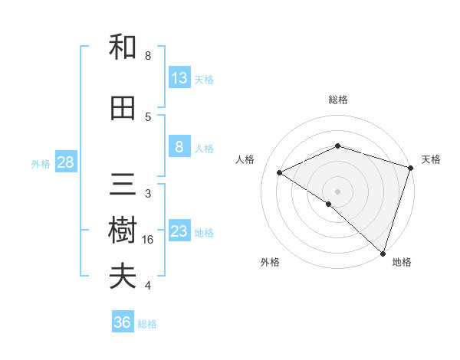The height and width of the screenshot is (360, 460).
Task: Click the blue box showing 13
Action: point(179,78)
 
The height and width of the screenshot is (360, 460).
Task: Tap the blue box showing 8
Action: point(179,147)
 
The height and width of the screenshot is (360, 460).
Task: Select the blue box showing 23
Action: point(179,231)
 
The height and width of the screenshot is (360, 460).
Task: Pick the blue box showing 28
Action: point(65,162)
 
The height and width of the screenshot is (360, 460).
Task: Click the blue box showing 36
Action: point(123,322)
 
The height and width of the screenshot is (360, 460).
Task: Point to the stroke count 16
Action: point(149,240)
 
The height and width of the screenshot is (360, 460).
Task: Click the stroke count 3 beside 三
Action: point(148,194)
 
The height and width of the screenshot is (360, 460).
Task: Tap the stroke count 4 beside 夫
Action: point(148,286)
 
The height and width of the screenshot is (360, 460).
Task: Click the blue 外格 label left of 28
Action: point(41,163)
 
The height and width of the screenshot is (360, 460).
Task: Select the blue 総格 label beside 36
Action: point(148,324)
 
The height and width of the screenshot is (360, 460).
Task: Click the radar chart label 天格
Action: point(431,159)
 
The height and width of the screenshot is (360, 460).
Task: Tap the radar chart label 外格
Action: point(270,262)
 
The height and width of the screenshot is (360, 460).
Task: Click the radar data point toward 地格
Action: point(383,253)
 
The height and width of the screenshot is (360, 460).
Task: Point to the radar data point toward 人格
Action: point(280,172)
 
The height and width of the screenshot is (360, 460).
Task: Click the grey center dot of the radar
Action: point(337,191)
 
